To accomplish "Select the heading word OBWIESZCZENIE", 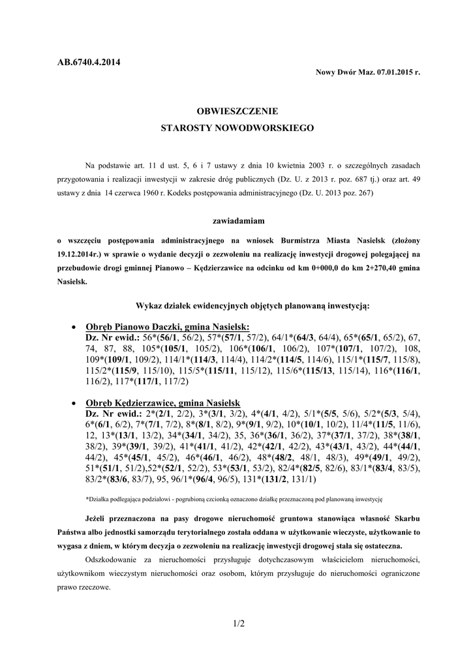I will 237,112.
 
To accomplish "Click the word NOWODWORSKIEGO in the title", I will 270,129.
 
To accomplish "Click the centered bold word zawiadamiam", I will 237,222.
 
